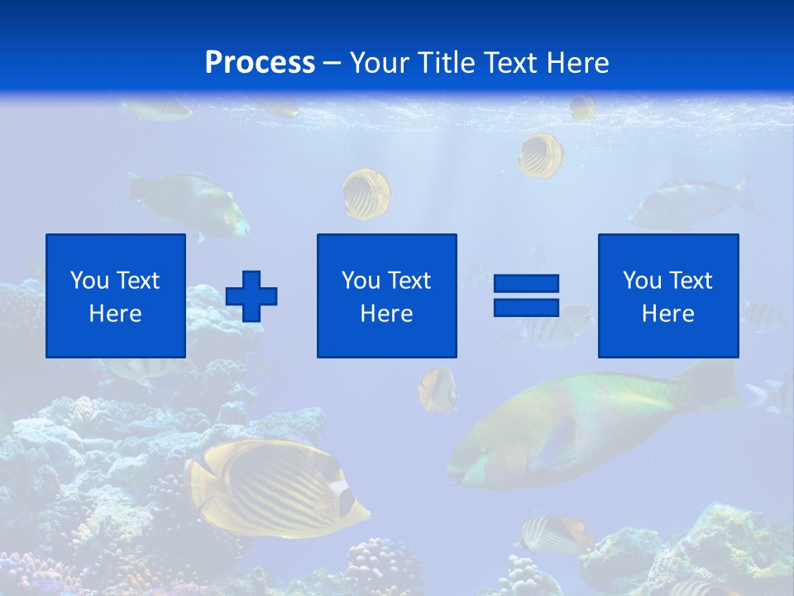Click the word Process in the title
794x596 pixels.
tap(260, 63)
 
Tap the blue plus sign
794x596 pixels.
tap(251, 296)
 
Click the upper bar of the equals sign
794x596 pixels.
tap(526, 284)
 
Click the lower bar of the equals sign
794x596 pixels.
tap(526, 307)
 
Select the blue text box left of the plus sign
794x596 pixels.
tap(116, 296)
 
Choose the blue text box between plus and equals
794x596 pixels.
tap(386, 296)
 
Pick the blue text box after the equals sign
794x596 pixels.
tap(667, 296)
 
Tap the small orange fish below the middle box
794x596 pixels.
tap(437, 389)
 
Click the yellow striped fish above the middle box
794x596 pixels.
tap(366, 193)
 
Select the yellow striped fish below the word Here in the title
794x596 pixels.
tap(541, 155)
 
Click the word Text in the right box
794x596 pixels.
tap(691, 281)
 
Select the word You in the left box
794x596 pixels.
tap(89, 281)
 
